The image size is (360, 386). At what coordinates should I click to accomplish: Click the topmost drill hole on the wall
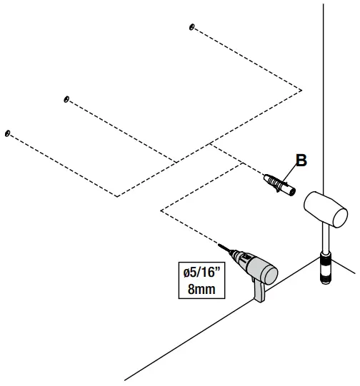(x=191, y=27)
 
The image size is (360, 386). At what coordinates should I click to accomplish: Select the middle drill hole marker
(x=66, y=99)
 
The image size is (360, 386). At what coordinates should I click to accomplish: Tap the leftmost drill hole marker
(x=7, y=133)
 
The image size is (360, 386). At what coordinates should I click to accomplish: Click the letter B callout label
(x=301, y=161)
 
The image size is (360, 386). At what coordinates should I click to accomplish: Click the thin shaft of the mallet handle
(x=324, y=243)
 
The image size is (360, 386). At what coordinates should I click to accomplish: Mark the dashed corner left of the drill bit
(x=161, y=210)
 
